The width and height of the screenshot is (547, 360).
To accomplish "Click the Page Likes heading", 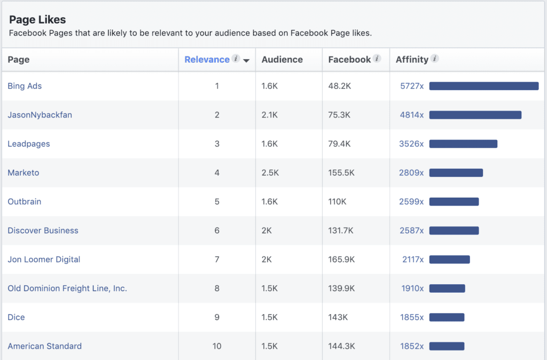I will click(x=37, y=20).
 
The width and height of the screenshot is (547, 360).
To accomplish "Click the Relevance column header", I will click(x=207, y=60).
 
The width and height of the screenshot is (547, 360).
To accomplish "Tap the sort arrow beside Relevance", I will click(x=246, y=60).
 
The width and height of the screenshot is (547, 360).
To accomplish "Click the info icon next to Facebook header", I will click(x=377, y=59).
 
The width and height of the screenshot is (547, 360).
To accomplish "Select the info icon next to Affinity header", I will click(x=435, y=59).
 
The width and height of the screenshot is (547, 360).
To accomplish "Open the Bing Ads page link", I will click(x=25, y=86).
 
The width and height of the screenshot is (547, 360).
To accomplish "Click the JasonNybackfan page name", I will click(x=40, y=115).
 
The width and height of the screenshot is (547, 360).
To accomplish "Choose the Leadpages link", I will click(x=29, y=144).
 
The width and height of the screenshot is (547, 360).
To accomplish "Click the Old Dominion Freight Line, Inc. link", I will click(x=67, y=288).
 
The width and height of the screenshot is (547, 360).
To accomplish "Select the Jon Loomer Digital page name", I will click(x=44, y=260).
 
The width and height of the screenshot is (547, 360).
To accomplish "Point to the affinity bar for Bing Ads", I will click(x=483, y=86).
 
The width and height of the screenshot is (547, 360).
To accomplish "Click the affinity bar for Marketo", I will click(x=456, y=173).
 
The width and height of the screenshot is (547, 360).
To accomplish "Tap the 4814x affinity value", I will click(x=411, y=115).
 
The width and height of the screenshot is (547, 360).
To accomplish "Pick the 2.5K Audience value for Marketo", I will click(x=270, y=173).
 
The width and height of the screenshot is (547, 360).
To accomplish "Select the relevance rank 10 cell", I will click(x=217, y=346).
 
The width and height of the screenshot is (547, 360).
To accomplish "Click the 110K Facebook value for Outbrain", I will click(x=338, y=201).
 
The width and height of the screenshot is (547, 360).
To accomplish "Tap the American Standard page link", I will click(x=45, y=346).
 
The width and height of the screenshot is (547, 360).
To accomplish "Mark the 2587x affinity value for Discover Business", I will click(x=411, y=231).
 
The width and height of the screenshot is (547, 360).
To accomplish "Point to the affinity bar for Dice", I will click(x=447, y=317).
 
